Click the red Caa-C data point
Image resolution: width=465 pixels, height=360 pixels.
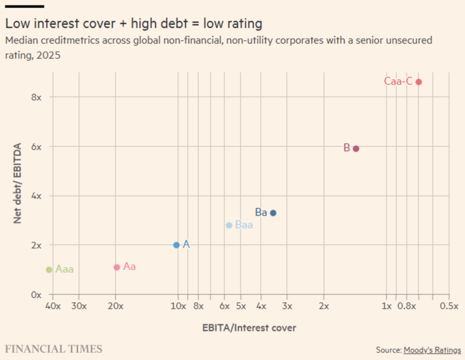pos(418,82)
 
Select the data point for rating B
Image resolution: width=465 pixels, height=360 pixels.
pos(356,148)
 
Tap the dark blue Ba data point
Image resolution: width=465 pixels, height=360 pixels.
pos(273,213)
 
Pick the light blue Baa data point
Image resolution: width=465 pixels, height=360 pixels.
pos(229,225)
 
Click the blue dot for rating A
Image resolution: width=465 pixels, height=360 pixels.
pos(177,245)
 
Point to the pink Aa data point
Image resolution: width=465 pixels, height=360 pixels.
pos(117,267)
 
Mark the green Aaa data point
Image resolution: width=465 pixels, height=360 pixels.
pos(49,270)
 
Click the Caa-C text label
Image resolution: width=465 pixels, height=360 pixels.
pos(398,81)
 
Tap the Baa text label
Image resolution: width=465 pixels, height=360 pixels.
pos(244,225)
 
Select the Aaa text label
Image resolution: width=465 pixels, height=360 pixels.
pos(64,269)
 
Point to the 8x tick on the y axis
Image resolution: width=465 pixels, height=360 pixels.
pos(36,97)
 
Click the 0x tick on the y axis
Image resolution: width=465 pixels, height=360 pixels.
pos(36,295)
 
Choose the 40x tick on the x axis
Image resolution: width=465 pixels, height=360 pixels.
pos(53,306)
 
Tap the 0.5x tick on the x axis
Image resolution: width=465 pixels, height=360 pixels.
pos(449,306)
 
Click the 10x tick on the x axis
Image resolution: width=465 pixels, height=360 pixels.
pos(178,306)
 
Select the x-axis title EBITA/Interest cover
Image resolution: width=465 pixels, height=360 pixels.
pos(249,328)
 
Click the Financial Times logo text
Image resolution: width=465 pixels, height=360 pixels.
pos(53,348)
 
